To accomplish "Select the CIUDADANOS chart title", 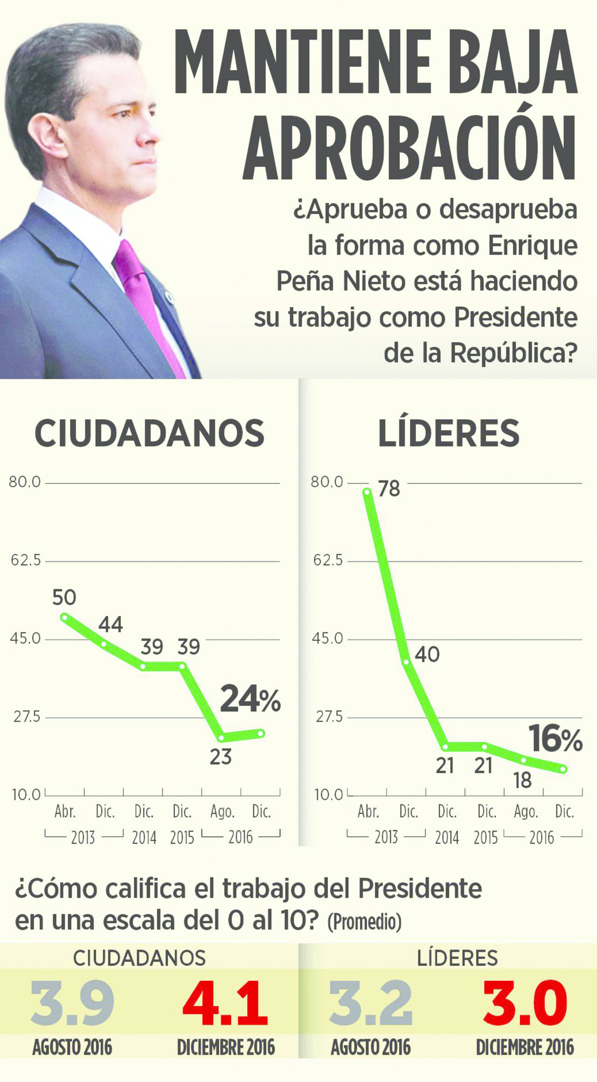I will click(x=149, y=433).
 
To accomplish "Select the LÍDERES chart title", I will click(x=448, y=433).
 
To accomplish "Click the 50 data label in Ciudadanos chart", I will click(x=64, y=597).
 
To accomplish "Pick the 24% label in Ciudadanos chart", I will click(x=250, y=699).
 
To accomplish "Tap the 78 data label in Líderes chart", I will click(x=389, y=489).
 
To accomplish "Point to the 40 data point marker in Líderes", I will click(x=406, y=662).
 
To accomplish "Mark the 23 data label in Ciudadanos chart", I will click(x=221, y=757).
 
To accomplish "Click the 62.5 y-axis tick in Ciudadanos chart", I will click(x=26, y=560).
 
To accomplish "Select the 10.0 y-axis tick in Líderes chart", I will click(x=328, y=795).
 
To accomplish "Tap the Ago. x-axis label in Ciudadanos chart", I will click(x=222, y=812).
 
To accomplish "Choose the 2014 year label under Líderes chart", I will click(x=447, y=838).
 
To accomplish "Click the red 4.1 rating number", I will click(x=225, y=1003).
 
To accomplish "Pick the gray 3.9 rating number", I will click(x=72, y=1003).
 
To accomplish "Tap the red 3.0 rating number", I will click(x=525, y=1003).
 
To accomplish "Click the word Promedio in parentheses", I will click(x=364, y=922).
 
